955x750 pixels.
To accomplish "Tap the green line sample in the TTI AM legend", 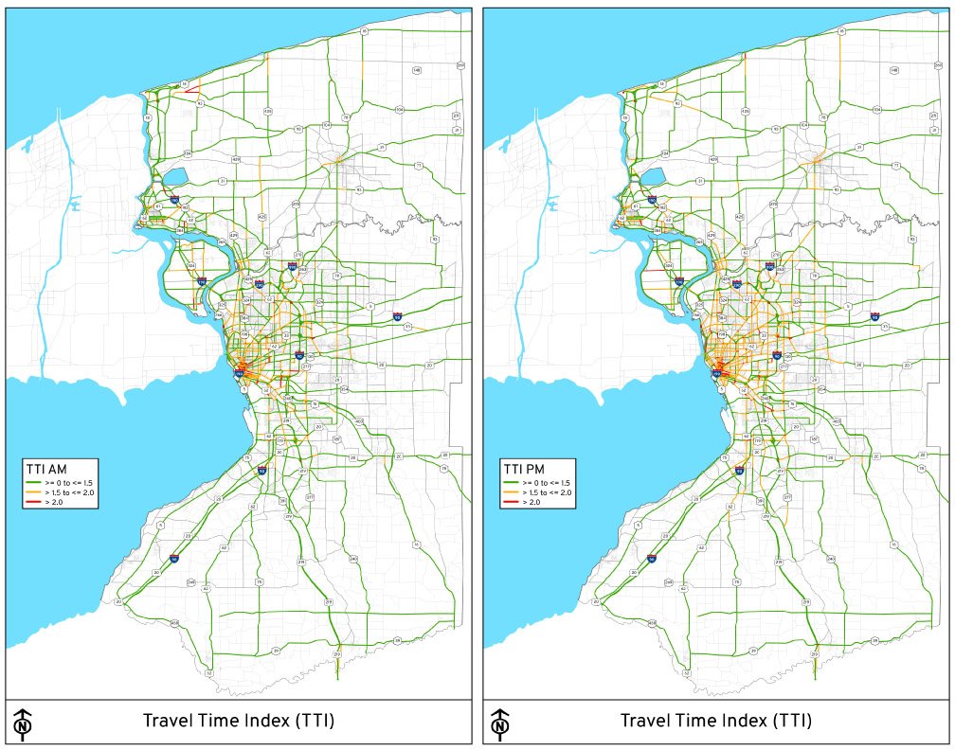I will (x=31, y=483).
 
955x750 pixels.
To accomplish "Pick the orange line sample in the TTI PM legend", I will (x=509, y=492).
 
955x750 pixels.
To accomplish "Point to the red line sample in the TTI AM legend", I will (x=31, y=502).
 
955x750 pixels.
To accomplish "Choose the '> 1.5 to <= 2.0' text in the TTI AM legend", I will (x=64, y=492).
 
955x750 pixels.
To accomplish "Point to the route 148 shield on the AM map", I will (x=416, y=70).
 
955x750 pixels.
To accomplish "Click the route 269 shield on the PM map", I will (x=938, y=64).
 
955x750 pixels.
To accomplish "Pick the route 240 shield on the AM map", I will (x=353, y=560).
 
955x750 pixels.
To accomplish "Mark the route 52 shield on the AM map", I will (x=208, y=673).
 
